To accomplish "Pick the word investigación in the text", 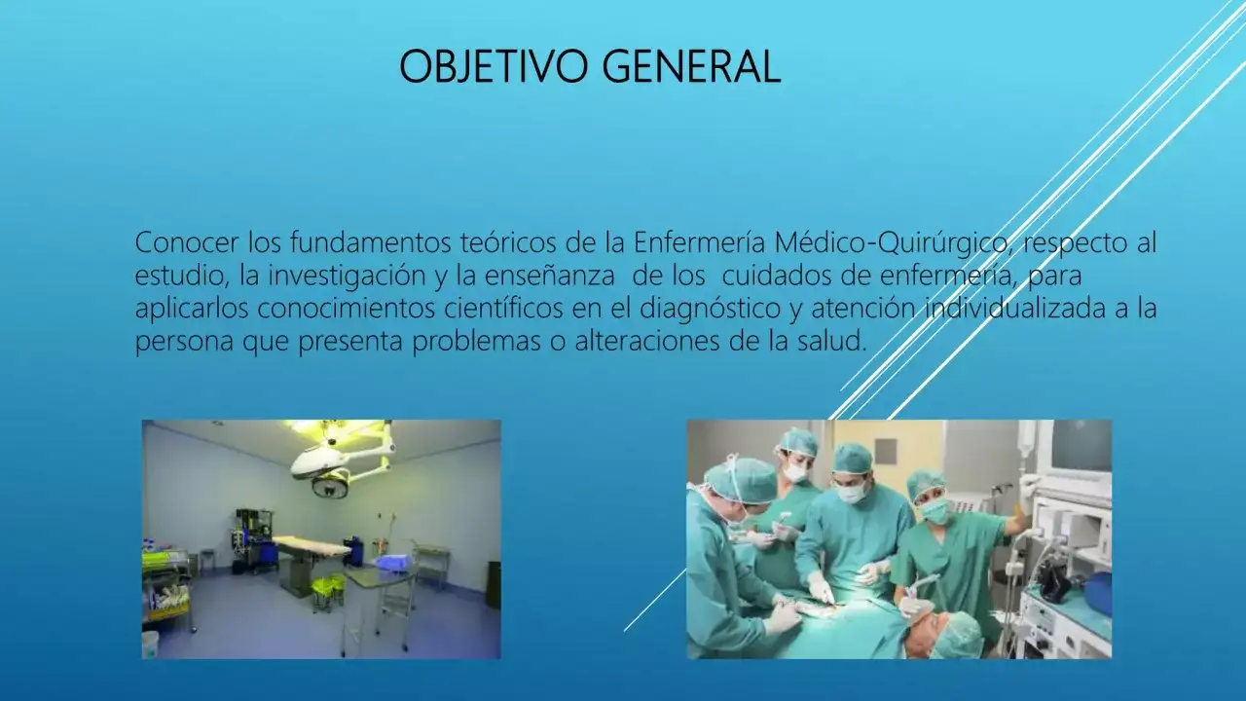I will pyautogui.click(x=345, y=276).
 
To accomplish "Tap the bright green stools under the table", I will pyautogui.click(x=326, y=587).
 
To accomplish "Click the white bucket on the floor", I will pyautogui.click(x=150, y=643).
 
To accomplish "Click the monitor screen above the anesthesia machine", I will pyautogui.click(x=1081, y=446).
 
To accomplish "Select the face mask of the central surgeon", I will pyautogui.click(x=852, y=494).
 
